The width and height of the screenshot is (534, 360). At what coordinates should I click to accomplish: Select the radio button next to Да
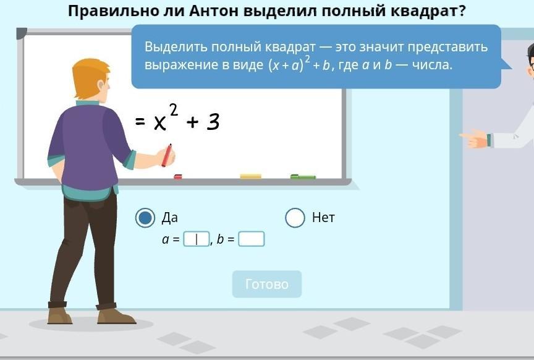click(x=145, y=218)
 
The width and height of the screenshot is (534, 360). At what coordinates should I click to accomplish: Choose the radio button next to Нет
click(x=295, y=218)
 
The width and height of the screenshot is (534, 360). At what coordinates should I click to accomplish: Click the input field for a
click(x=197, y=239)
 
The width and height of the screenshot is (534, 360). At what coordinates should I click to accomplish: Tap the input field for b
click(x=252, y=239)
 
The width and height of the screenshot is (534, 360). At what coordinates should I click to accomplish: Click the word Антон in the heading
click(x=214, y=11)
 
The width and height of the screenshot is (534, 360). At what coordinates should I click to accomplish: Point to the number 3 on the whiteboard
click(x=213, y=122)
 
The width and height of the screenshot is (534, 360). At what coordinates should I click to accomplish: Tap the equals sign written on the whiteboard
click(x=140, y=121)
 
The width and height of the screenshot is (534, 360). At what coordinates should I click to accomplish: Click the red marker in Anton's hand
click(x=167, y=155)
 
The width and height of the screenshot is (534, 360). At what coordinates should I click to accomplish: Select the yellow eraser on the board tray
click(x=251, y=176)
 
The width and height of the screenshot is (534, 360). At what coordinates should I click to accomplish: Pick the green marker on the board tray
click(x=303, y=176)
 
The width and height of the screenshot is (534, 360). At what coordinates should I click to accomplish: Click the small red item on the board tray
click(x=178, y=176)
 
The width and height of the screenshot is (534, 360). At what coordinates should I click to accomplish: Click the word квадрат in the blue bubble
click(x=290, y=47)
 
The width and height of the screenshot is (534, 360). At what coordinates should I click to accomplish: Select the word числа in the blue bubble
click(x=432, y=64)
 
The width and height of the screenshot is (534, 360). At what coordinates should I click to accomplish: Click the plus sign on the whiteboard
click(x=192, y=122)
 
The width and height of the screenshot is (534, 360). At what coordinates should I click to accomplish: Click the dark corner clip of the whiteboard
click(x=21, y=33)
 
